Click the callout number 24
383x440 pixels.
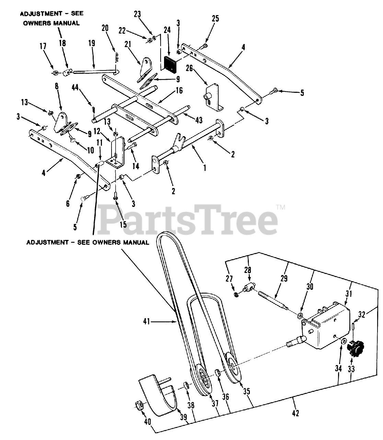[167, 30]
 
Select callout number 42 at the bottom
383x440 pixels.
[295, 413]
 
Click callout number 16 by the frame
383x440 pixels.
[179, 91]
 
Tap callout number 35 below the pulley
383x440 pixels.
[246, 391]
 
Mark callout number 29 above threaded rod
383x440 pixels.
[284, 278]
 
